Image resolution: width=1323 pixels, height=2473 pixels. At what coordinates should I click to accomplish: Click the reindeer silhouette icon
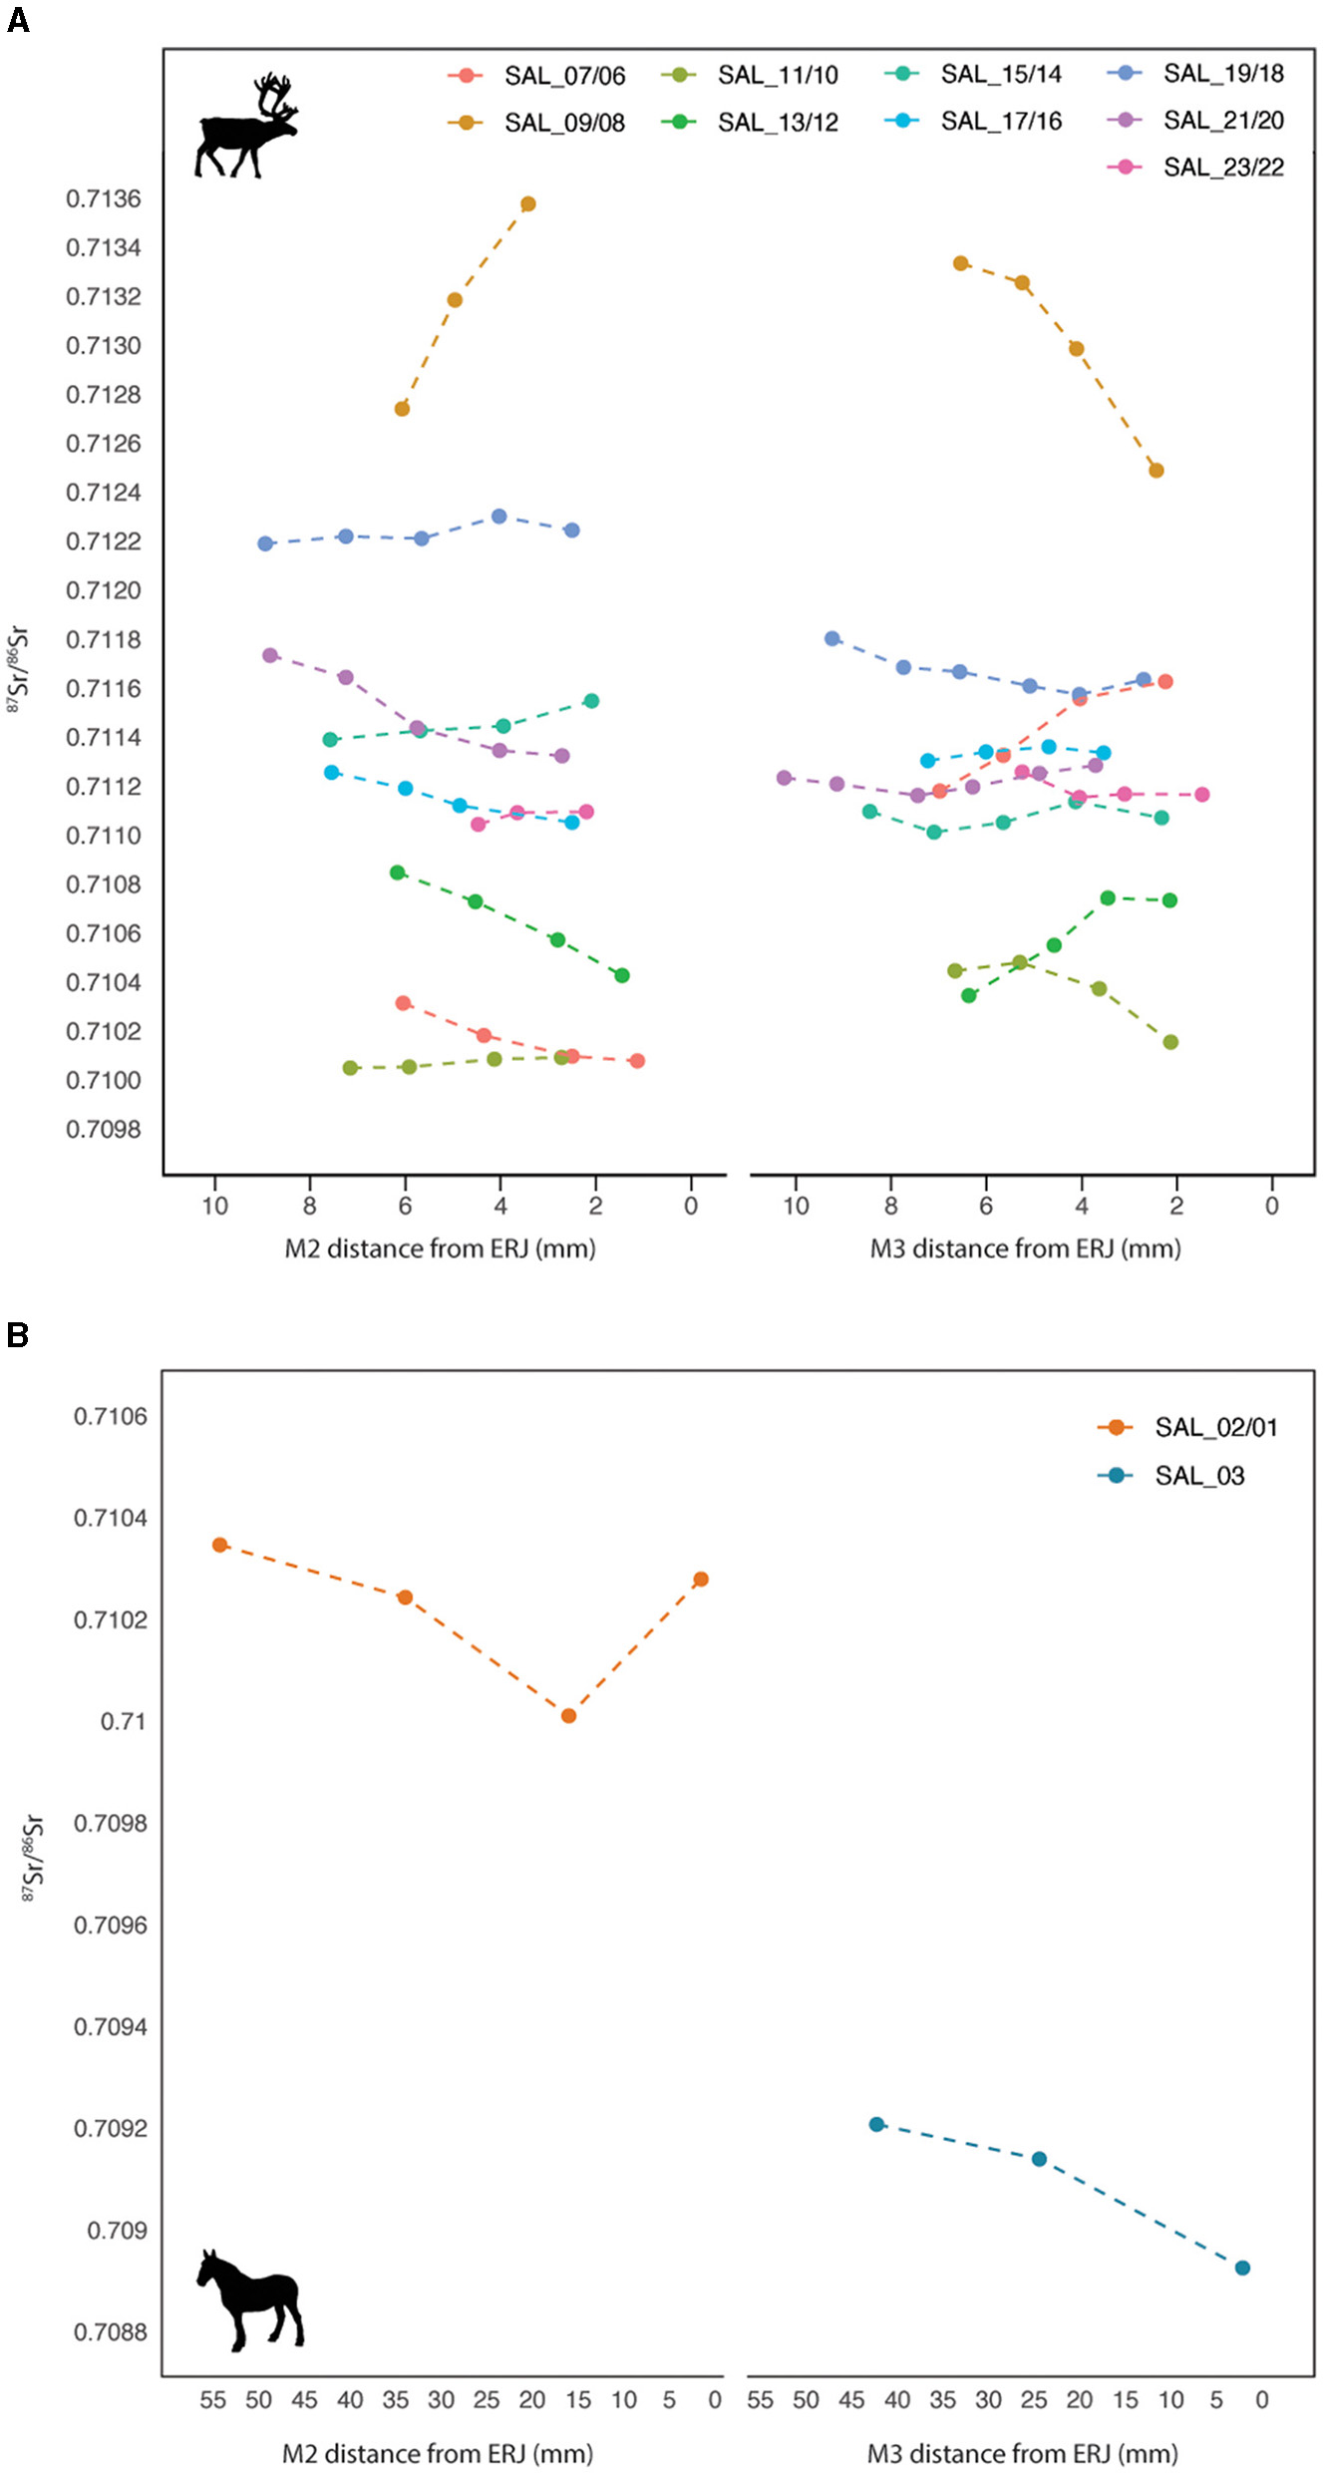pos(246,127)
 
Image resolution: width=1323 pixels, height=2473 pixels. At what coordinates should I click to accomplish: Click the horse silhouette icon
pos(249,2299)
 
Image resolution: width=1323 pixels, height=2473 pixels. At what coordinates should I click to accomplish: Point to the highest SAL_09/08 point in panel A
pos(528,204)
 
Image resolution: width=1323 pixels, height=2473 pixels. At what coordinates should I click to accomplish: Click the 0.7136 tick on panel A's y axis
pos(104,199)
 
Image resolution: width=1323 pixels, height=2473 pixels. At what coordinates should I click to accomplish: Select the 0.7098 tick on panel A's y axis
pos(104,1130)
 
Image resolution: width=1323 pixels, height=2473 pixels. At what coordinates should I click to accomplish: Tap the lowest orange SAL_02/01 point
pos(568,1716)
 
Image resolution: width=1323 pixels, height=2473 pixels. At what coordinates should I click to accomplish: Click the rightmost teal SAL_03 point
pos(1242,2268)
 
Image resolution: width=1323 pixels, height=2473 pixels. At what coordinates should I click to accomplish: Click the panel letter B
pos(17,1335)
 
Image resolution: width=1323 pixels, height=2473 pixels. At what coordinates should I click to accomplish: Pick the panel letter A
pos(17,20)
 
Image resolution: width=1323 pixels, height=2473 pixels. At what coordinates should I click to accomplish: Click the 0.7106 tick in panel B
pos(110,1417)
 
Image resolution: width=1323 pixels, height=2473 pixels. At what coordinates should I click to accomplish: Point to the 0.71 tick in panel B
pos(124,1722)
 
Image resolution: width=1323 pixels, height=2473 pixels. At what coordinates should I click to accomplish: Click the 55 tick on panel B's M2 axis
pos(212,2400)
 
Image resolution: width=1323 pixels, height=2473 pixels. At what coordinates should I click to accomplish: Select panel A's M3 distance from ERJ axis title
pos(1025,1248)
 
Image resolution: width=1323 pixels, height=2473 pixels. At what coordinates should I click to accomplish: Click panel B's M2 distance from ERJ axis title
pos(438,2453)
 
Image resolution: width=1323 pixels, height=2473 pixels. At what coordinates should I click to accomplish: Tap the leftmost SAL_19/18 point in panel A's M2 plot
pos(265,543)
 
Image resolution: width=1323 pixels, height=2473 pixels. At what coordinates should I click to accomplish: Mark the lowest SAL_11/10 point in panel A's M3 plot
pos(1170,1042)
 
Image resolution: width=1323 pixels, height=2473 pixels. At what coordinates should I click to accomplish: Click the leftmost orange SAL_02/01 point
pos(220,1545)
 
